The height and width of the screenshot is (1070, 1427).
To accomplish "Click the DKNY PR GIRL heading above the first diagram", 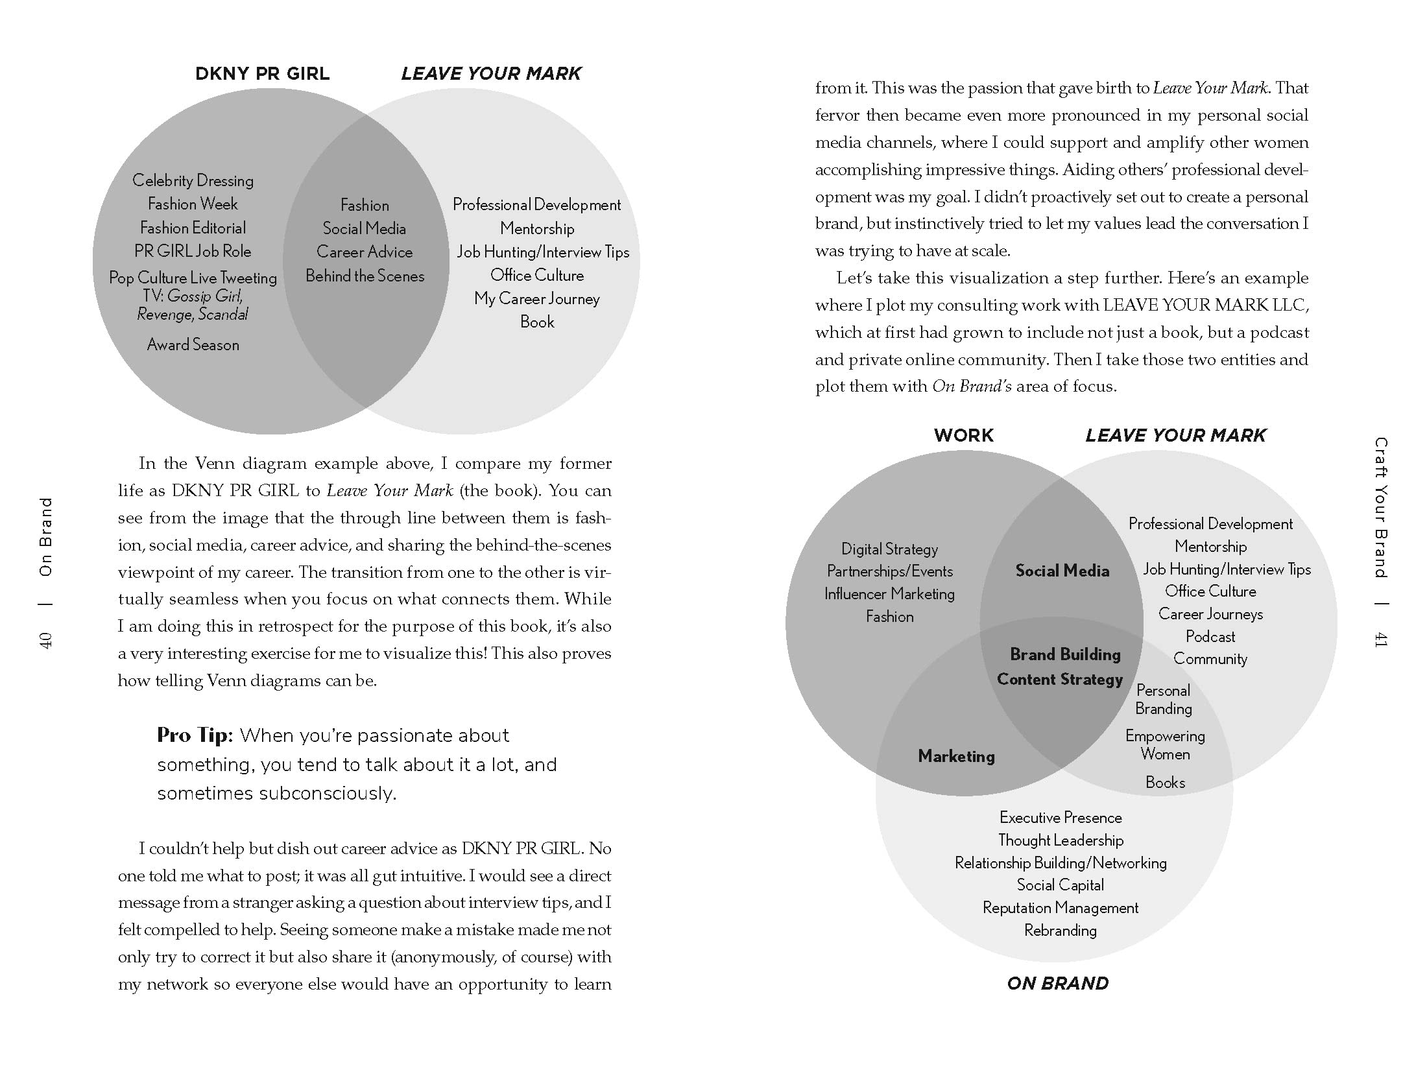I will coord(262,73).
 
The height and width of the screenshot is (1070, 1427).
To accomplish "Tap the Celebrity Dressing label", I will coord(193,180).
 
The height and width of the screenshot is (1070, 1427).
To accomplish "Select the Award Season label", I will coord(193,344).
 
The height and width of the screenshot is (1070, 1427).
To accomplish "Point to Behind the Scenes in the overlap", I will coord(365,276).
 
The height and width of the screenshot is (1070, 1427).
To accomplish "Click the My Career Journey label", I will coord(536,298).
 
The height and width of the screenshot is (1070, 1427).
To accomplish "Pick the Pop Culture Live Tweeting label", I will coord(193,278).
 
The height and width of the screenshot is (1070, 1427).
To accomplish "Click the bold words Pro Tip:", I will coord(195,735).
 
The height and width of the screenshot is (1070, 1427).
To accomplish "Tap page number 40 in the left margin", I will coord(46,640).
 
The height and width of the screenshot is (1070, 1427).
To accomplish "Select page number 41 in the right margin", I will coord(1380,640).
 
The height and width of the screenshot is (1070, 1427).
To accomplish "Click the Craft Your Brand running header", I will coord(1380,507).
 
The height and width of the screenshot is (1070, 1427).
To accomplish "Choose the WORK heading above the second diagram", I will coord(963,435).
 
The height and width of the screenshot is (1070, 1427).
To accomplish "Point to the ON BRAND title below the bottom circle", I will coord(1057,983).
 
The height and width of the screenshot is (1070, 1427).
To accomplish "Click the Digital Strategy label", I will coord(889,549).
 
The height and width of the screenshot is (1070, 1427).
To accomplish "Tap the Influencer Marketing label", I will coord(889,594).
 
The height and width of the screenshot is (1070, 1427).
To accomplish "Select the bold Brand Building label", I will coord(1065,654).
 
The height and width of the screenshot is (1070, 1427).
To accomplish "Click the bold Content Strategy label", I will coord(1059,679).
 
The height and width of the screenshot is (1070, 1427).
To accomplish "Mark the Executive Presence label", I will coord(1061,817).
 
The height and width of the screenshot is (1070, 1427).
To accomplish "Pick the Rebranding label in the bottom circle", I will coord(1061,930).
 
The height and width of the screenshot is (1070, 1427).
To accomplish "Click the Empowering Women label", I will coord(1165,744).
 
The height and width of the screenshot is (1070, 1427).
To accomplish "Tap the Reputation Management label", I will coord(1061,907).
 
